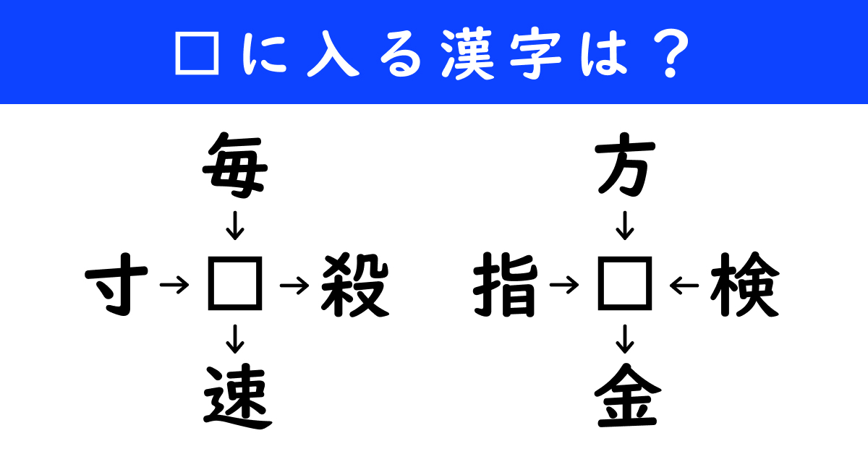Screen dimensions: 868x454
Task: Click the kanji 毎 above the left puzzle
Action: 235,166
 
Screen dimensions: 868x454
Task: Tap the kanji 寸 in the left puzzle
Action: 116,284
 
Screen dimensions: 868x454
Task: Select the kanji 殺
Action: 355,285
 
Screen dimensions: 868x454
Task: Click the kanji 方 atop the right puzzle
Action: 625,165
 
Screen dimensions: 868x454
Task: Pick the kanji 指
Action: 506,285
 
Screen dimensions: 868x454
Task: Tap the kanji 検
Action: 744,285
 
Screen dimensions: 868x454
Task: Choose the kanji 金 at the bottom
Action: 627,395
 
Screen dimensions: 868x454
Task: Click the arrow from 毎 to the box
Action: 235,226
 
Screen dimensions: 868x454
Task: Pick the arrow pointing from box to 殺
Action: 294,286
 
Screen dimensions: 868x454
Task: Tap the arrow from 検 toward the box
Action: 684,286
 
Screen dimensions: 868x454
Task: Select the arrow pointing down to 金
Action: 625,339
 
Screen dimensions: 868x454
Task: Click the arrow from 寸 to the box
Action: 174,286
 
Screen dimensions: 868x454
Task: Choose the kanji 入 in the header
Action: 333,54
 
